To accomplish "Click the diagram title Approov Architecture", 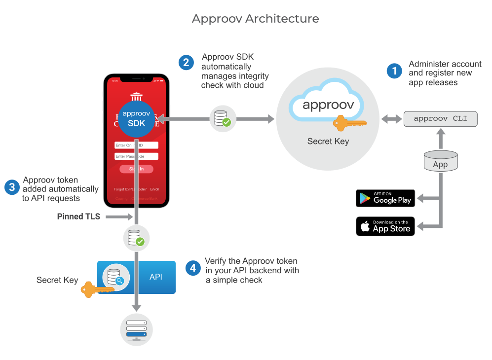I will click(255, 19).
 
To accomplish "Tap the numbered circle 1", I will click(394, 72).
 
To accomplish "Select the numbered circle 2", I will click(186, 63).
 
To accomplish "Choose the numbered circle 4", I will click(193, 268).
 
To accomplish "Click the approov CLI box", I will click(440, 119).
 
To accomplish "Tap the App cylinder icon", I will click(440, 161).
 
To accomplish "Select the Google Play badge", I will click(385, 198).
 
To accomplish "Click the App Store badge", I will click(385, 226).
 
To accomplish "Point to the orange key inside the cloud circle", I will click(349, 122).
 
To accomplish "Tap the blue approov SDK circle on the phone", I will click(136, 118).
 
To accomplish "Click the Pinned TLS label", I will click(78, 216).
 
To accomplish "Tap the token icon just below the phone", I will click(136, 238).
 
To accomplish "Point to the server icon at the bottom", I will click(136, 329).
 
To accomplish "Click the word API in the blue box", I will click(155, 277).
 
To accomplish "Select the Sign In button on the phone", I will click(136, 169).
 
